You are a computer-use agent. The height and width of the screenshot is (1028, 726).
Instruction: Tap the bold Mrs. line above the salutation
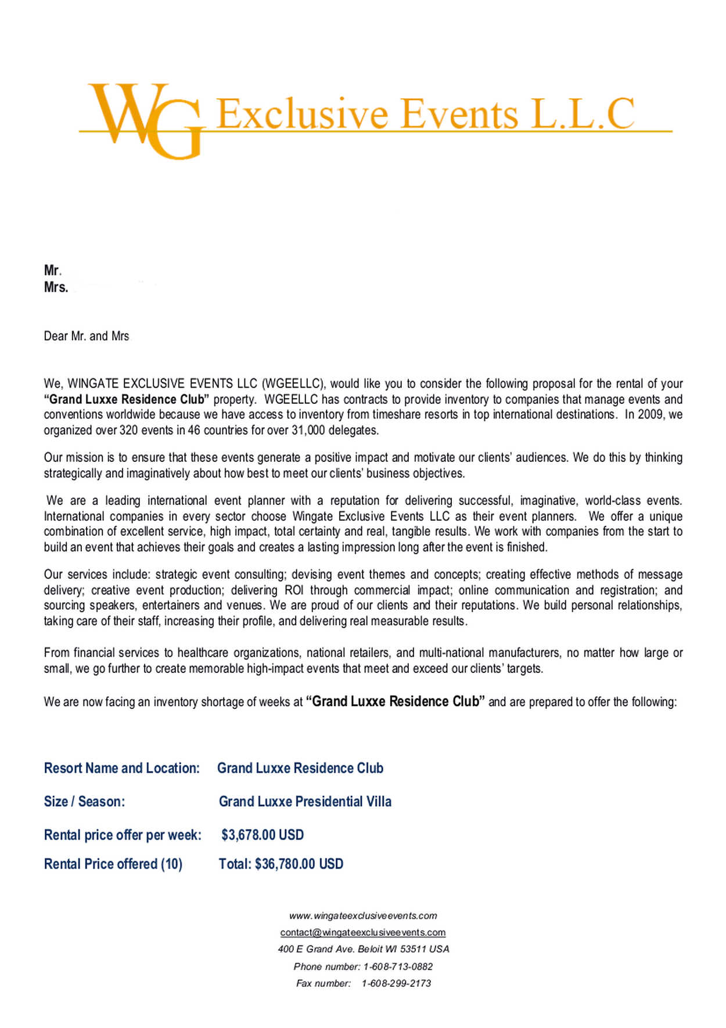(x=56, y=287)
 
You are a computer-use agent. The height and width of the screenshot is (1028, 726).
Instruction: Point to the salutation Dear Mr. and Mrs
(x=87, y=336)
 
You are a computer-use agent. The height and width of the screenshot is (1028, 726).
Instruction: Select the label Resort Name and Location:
(x=122, y=768)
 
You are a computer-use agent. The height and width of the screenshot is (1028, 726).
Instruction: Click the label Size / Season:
(x=84, y=801)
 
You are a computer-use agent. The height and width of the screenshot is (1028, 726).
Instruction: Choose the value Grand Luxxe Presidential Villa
(x=305, y=801)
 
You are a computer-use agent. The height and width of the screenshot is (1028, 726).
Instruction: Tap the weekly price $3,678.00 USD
(x=263, y=835)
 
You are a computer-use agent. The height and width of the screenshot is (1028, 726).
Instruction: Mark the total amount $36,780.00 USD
(x=299, y=864)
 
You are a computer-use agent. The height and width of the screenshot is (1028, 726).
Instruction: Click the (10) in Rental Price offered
(x=172, y=864)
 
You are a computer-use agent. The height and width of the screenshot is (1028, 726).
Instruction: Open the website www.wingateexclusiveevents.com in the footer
(x=363, y=916)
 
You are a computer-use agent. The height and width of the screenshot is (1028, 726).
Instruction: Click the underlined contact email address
(x=363, y=932)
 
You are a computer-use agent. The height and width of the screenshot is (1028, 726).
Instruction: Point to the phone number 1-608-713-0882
(x=398, y=966)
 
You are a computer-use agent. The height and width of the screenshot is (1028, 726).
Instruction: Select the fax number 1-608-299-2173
(x=396, y=983)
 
